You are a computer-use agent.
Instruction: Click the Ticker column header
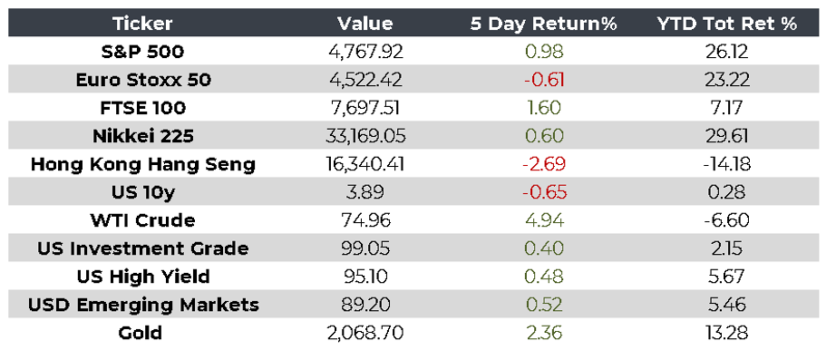point(142,24)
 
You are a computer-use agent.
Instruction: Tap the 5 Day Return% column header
point(543,24)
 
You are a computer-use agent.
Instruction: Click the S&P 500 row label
point(142,52)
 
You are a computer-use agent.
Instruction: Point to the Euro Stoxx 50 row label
point(143,80)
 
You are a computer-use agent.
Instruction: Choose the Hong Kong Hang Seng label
point(143,164)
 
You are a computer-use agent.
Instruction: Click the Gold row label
point(141,334)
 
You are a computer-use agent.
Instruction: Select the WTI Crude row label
point(143,220)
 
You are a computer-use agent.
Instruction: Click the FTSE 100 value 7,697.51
point(365,108)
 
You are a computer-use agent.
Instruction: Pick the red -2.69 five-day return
point(543,164)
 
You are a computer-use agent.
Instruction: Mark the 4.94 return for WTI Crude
point(543,220)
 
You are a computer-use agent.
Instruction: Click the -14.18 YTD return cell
point(726,164)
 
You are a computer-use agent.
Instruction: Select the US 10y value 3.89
point(365,192)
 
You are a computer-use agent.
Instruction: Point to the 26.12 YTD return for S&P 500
point(727,52)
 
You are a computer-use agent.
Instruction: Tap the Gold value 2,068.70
point(365,334)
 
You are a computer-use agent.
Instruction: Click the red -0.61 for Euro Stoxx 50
point(543,80)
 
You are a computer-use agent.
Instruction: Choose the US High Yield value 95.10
point(365,277)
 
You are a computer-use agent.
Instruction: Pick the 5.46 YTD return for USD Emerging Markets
point(727,305)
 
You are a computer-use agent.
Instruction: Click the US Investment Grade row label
point(143,248)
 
